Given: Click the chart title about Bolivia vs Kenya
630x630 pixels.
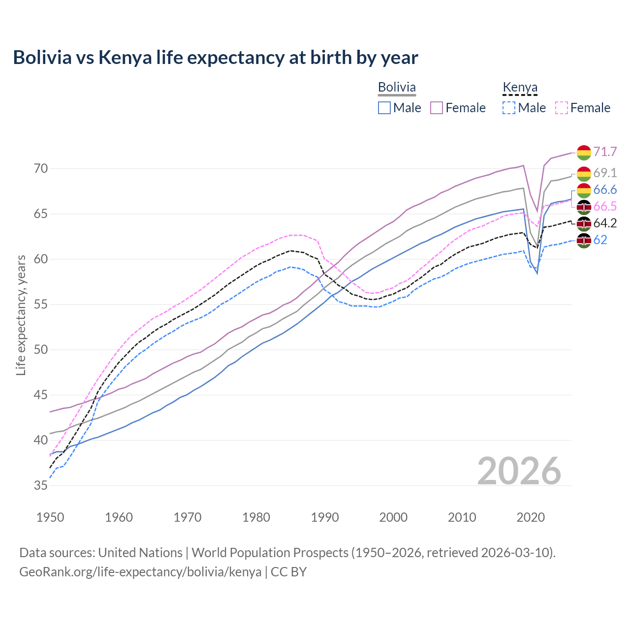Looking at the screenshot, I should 216,58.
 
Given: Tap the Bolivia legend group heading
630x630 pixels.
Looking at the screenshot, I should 397,88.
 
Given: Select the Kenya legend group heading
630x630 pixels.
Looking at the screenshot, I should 520,88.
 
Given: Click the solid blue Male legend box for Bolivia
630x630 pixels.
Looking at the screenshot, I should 384,108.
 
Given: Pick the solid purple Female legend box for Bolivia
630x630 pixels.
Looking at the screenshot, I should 437,108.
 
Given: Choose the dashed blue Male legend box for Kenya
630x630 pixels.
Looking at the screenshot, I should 509,108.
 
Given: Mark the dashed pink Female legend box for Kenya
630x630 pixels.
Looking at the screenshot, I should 561,108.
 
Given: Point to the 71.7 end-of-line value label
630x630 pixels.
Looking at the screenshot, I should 605,152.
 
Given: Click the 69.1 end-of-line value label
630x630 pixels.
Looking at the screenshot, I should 605,173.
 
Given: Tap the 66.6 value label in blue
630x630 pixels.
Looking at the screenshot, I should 605,190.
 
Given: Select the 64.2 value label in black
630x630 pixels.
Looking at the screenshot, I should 605,223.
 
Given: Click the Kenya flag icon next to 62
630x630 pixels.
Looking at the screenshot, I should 584,241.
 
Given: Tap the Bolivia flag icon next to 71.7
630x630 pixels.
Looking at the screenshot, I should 584,153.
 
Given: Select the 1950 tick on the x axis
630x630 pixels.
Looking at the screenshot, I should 50,517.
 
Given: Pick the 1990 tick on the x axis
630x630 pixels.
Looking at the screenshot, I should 325,517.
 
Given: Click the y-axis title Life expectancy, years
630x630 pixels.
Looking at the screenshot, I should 21,315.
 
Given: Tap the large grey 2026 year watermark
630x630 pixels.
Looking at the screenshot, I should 519,471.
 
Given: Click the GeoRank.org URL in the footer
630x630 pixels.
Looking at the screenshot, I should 140,572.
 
